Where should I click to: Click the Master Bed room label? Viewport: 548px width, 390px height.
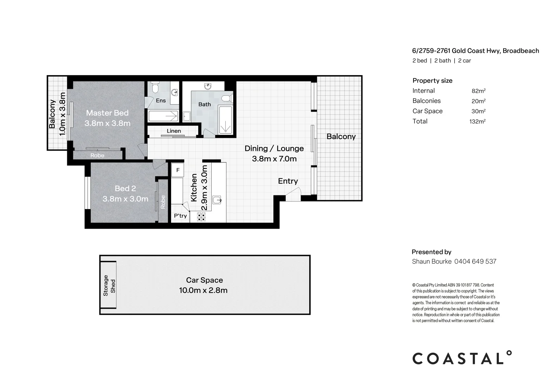(x=107, y=113)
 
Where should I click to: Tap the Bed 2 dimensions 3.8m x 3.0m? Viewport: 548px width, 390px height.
(x=125, y=199)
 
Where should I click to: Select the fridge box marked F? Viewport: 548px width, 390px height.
(x=178, y=170)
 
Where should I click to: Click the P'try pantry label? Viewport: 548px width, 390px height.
(x=180, y=216)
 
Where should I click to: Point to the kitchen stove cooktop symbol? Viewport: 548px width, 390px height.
(x=201, y=217)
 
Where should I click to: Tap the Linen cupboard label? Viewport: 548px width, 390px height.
(x=174, y=131)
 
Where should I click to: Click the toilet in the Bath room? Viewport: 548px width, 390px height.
(x=227, y=98)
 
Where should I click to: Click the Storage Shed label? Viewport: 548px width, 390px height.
(x=109, y=286)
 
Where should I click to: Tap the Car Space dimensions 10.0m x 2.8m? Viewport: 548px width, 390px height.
(x=203, y=290)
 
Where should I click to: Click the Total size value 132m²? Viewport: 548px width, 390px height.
(x=477, y=121)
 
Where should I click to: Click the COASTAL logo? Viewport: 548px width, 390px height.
(x=462, y=358)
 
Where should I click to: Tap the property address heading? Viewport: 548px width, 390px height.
(x=475, y=51)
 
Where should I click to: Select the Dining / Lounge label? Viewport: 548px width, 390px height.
(x=274, y=148)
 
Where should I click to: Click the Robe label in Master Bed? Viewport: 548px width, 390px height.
(x=97, y=155)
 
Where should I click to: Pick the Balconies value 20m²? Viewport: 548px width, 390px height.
(x=478, y=101)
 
